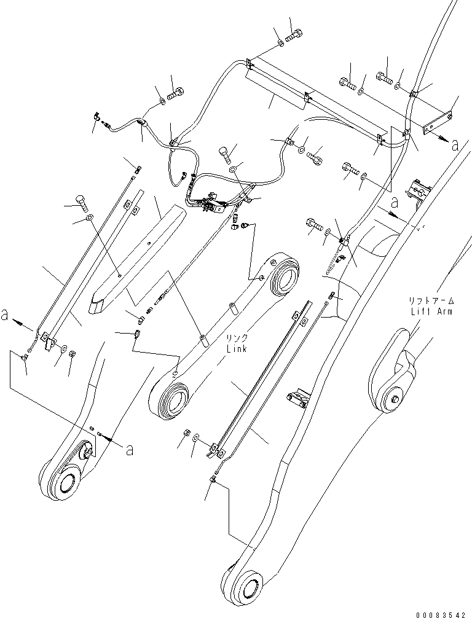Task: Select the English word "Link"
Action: (237, 349)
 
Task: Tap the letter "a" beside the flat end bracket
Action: (455, 145)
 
